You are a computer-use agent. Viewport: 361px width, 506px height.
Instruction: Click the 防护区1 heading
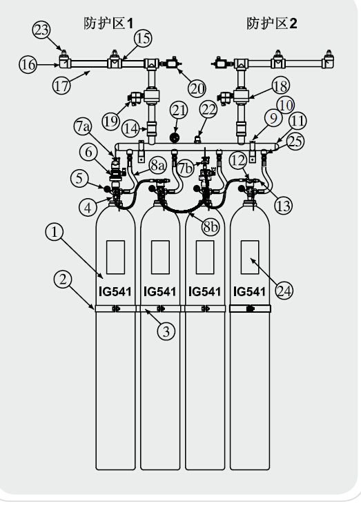(x=108, y=23)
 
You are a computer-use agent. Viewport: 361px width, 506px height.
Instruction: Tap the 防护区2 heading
(x=272, y=23)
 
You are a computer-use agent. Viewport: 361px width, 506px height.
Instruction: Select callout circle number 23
(x=41, y=30)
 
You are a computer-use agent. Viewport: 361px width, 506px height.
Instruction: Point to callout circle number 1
(x=55, y=232)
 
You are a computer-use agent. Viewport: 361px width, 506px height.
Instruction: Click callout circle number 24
(x=284, y=291)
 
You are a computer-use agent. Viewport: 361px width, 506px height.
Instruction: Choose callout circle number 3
(x=166, y=331)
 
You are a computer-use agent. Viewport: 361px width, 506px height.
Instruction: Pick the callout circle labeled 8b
(x=211, y=226)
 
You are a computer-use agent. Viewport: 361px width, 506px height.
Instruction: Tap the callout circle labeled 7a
(x=83, y=126)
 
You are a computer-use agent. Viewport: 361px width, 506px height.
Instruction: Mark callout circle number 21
(x=179, y=110)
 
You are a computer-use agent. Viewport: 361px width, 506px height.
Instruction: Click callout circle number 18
(x=280, y=86)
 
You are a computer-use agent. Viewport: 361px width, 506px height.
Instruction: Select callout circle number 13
(x=284, y=206)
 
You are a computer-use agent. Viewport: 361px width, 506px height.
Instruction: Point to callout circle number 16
(x=28, y=64)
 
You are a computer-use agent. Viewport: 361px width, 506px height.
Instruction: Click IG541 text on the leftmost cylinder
(x=115, y=292)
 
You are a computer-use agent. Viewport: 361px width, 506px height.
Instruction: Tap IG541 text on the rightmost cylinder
(x=249, y=292)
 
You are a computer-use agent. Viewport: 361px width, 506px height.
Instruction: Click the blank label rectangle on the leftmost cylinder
(x=115, y=257)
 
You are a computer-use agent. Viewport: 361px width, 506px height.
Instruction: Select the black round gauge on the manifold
(x=175, y=137)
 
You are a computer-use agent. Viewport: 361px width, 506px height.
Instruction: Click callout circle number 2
(x=63, y=279)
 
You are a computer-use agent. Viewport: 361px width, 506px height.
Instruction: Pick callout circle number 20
(x=197, y=88)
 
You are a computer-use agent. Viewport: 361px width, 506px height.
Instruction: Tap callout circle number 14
(x=130, y=129)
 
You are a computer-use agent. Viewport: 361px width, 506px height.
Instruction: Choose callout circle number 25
(x=295, y=142)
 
